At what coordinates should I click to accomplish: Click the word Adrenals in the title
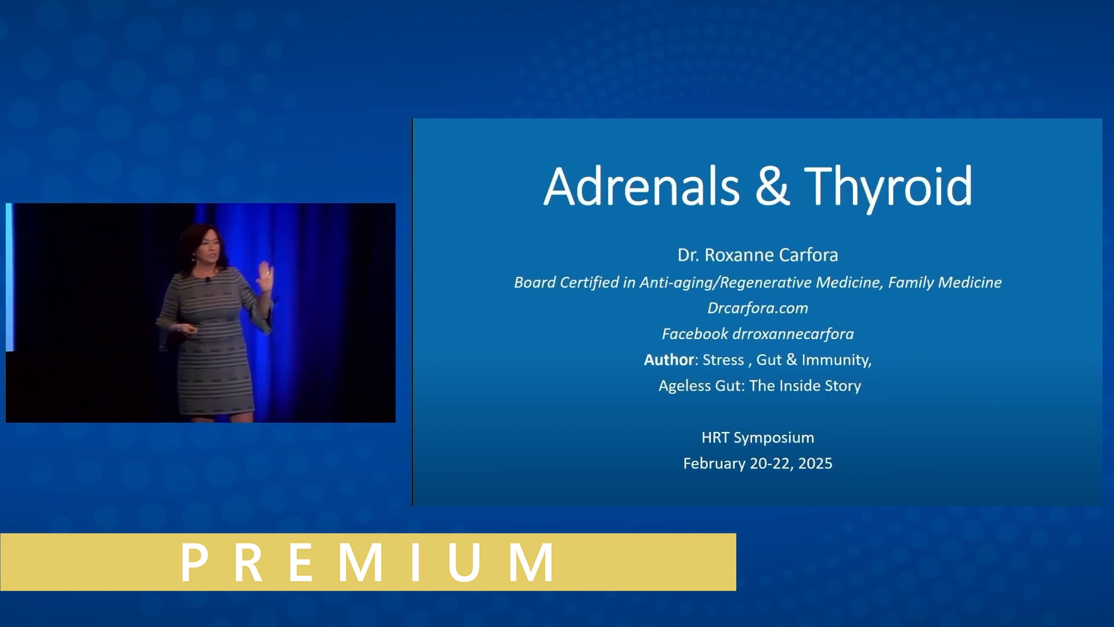click(x=641, y=186)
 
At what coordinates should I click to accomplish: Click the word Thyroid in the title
click(x=888, y=186)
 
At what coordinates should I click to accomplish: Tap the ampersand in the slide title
click(x=772, y=186)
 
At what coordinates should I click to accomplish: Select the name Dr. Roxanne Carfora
click(x=757, y=255)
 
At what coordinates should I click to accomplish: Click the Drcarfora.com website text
click(x=757, y=308)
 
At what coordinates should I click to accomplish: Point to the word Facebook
click(x=695, y=334)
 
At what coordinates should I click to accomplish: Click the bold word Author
click(x=668, y=360)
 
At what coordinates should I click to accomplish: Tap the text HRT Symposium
click(x=757, y=438)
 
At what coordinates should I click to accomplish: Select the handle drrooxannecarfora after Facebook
click(x=793, y=334)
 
